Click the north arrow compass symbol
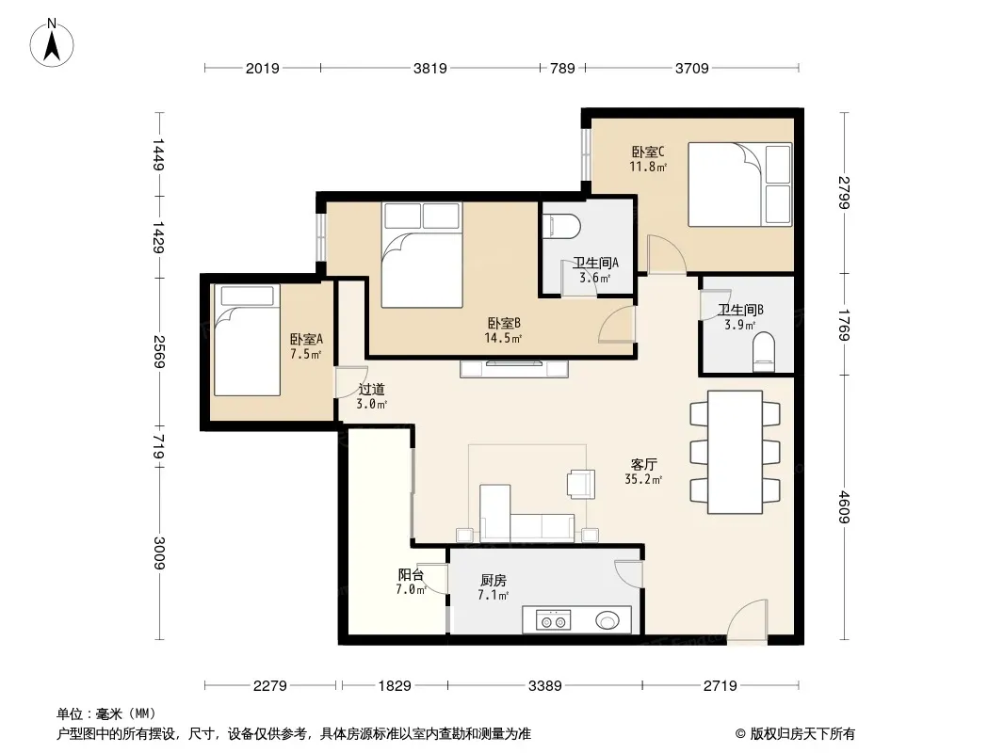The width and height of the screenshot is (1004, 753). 52,42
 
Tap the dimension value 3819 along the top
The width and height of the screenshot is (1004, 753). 429,68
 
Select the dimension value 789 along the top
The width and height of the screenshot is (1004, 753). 562,68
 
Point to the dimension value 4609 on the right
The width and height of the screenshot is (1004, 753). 844,506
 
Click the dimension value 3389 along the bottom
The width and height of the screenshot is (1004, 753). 545,686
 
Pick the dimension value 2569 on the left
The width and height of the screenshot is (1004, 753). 159,352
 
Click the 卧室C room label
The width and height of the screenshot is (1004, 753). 648,152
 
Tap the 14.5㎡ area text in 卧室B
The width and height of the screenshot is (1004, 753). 503,338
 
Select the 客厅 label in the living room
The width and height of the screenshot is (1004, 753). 643,464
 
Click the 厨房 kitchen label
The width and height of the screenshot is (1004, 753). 493,580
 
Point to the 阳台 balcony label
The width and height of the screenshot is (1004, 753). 411,574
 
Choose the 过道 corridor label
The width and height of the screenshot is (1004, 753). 371,389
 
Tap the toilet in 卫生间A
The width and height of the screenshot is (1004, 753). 561,226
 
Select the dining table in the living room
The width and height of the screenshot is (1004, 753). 735,452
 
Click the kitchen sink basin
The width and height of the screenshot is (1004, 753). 607,620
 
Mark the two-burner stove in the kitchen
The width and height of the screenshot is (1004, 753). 554,620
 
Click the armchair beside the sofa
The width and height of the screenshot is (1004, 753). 581,484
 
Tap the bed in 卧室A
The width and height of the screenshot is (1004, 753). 247,340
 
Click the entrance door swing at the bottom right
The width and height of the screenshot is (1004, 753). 748,620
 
